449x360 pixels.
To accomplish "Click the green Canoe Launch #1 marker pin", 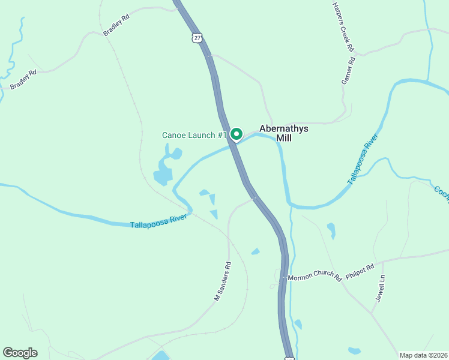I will [x=237, y=134].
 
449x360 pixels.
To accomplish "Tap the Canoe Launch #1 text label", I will [x=194, y=135].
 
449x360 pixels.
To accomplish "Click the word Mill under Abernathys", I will [x=284, y=138].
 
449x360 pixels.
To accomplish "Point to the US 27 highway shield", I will [x=197, y=38].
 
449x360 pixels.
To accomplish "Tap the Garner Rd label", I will [x=349, y=70].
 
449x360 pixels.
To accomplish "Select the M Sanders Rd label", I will [x=223, y=281].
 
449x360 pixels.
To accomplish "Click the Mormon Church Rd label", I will [x=315, y=278].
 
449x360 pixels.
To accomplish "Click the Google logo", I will [x=20, y=353].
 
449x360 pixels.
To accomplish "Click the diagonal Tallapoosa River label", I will [x=364, y=164].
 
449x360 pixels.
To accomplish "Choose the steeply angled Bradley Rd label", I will [x=116, y=26].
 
